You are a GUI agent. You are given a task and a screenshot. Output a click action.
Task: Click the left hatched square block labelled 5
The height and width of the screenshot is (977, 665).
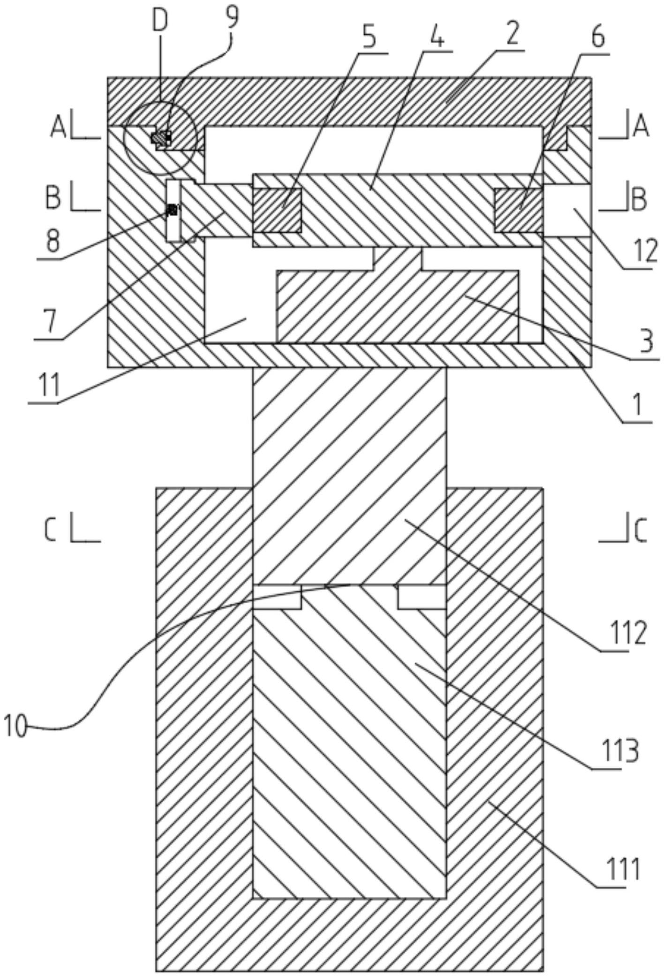coord(277,210)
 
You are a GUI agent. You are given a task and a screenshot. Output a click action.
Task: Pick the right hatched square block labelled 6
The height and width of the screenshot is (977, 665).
coord(519,210)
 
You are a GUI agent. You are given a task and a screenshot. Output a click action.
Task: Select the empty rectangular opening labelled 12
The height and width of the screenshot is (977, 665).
coord(567,210)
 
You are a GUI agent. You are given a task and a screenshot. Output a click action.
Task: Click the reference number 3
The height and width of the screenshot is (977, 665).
coord(647,342)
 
